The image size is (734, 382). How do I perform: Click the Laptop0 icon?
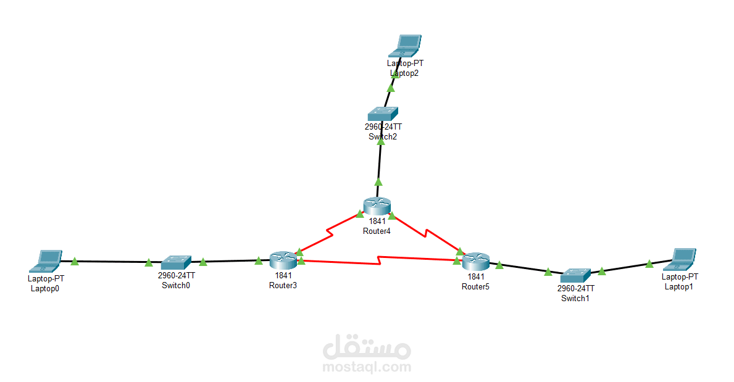(x=46, y=261)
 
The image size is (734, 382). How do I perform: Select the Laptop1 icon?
(x=680, y=260)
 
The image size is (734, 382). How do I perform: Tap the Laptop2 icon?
(x=405, y=46)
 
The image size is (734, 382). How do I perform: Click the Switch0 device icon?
(x=176, y=263)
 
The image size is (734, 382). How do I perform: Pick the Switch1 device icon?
(x=575, y=276)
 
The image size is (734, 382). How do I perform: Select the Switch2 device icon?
(x=383, y=114)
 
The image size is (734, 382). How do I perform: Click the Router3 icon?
(x=283, y=260)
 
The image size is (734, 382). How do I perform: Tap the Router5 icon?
(x=475, y=262)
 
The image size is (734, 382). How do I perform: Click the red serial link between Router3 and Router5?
(x=380, y=261)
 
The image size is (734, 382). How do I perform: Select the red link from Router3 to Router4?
(x=330, y=233)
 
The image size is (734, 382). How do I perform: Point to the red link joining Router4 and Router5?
(x=425, y=233)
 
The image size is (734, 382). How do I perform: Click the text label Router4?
(x=377, y=231)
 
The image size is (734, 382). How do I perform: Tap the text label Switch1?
(x=575, y=298)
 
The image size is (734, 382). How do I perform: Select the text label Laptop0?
(x=45, y=288)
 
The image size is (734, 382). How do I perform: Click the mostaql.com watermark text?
(x=367, y=367)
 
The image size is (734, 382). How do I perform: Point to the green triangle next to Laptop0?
(x=75, y=261)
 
